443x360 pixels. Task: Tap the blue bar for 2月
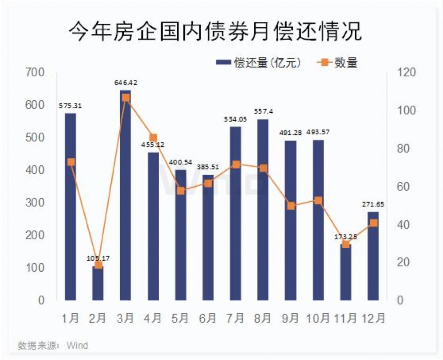pyautogui.click(x=98, y=283)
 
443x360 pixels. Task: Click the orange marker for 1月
pyautogui.click(x=71, y=162)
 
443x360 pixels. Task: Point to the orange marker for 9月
pyautogui.click(x=290, y=206)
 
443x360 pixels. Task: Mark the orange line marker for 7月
pyautogui.click(x=235, y=165)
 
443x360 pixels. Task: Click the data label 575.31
pyautogui.click(x=71, y=105)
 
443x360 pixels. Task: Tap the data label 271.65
pyautogui.click(x=373, y=204)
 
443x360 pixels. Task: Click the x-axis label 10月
pyautogui.click(x=318, y=318)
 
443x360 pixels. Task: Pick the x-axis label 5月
pyautogui.click(x=180, y=318)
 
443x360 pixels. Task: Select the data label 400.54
pyautogui.click(x=180, y=163)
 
